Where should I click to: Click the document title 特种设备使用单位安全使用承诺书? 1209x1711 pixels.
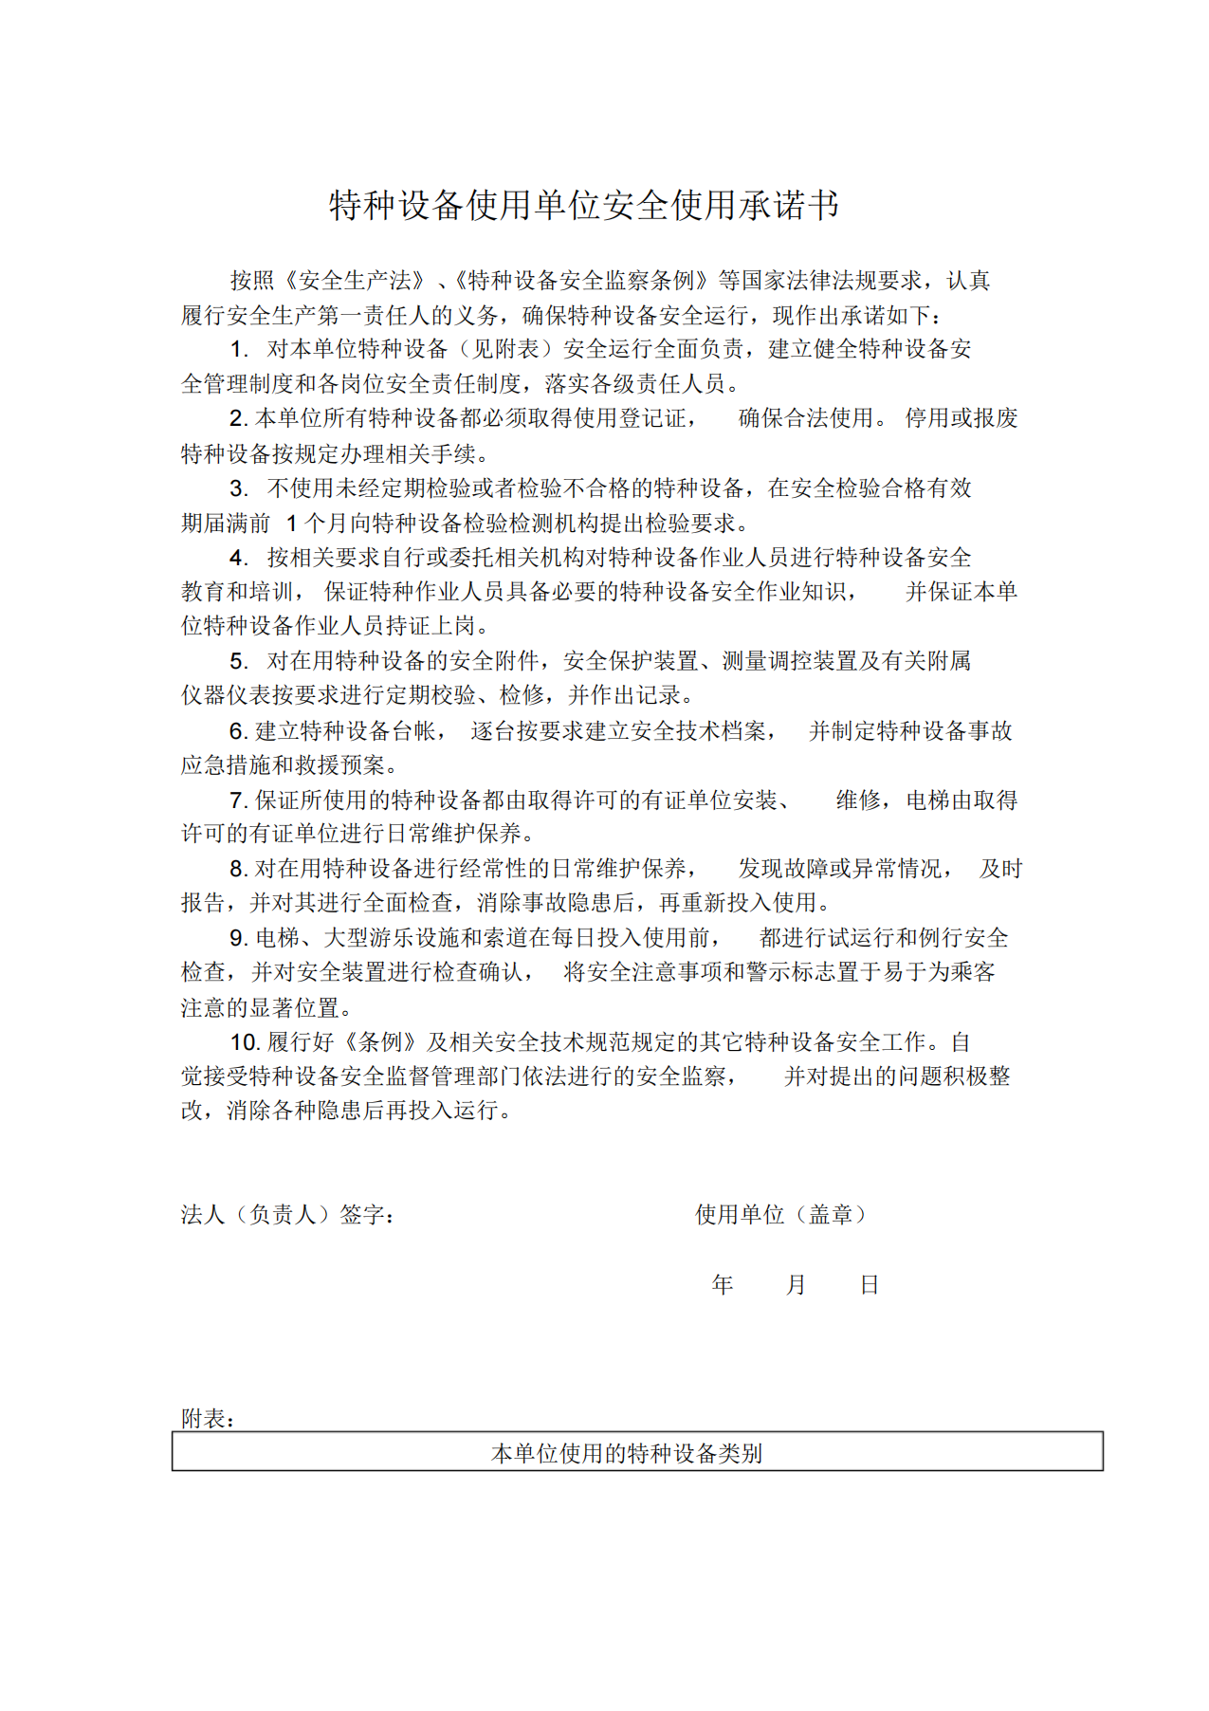click(583, 205)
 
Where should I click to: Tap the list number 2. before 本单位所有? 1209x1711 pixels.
click(239, 418)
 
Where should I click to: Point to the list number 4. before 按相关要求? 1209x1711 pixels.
click(239, 558)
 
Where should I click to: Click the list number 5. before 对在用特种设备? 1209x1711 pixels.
click(239, 661)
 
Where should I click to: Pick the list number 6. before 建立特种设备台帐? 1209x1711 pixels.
click(239, 730)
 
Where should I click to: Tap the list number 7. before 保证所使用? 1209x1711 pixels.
click(239, 800)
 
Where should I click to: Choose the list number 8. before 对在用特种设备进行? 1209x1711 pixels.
click(239, 869)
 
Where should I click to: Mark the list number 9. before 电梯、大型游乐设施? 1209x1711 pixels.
click(239, 938)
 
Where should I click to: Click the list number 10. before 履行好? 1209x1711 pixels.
click(245, 1042)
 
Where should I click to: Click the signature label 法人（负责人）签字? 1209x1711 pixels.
click(287, 1214)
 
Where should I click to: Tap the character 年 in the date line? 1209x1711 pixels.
click(723, 1284)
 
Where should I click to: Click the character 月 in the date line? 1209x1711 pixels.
click(796, 1284)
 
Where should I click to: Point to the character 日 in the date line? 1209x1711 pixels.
click(869, 1284)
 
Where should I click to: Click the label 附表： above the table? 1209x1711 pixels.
click(208, 1418)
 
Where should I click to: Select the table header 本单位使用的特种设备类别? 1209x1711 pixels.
click(627, 1453)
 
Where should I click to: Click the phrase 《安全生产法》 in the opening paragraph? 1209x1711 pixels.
click(355, 281)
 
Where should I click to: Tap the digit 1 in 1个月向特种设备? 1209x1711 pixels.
click(292, 524)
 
